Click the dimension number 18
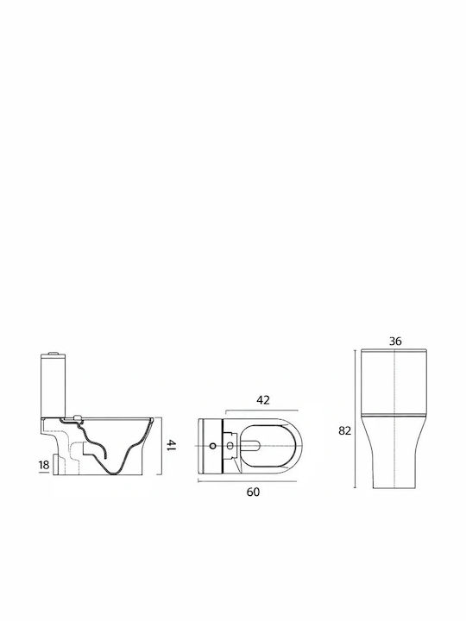point(44,465)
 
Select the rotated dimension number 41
point(171,445)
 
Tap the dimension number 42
point(263,400)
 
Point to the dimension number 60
point(253,492)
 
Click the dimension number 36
point(395,341)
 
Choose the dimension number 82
point(344,430)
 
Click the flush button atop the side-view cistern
point(54,353)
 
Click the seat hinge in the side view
point(78,417)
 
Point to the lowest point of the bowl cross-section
point(116,474)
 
